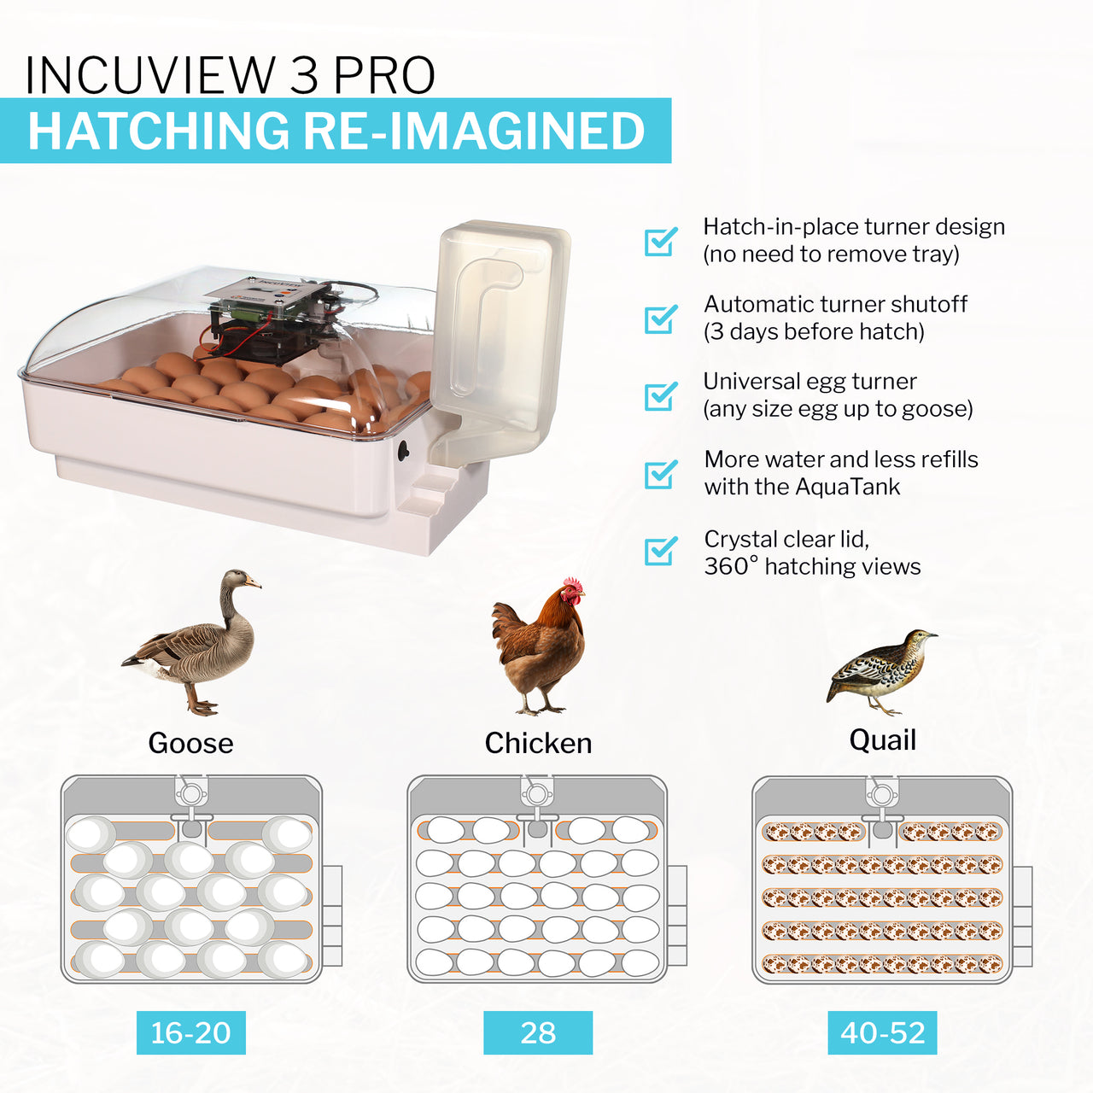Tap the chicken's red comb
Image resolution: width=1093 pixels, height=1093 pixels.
572,586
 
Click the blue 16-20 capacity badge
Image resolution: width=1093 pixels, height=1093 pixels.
191,1032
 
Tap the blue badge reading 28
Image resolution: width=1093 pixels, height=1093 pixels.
538,1032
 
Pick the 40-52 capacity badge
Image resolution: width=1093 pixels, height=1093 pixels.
882,1032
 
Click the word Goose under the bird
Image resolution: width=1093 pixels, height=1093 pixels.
190,743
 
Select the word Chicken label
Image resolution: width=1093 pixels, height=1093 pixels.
538,743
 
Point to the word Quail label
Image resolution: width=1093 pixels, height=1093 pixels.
882,739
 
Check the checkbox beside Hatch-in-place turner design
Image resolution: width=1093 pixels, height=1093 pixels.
660,242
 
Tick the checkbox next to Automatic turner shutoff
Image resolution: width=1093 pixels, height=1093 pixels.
660,319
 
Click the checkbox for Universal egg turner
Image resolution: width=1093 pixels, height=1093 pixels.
660,396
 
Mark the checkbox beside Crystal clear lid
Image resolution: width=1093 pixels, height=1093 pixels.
660,551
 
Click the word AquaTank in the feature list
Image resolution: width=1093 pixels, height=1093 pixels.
847,487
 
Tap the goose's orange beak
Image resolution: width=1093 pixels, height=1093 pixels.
253,583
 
